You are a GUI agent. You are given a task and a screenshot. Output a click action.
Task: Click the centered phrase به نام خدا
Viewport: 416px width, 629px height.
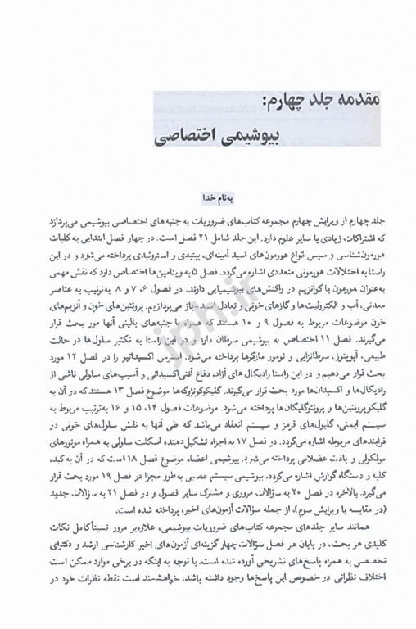pyautogui.click(x=208, y=196)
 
